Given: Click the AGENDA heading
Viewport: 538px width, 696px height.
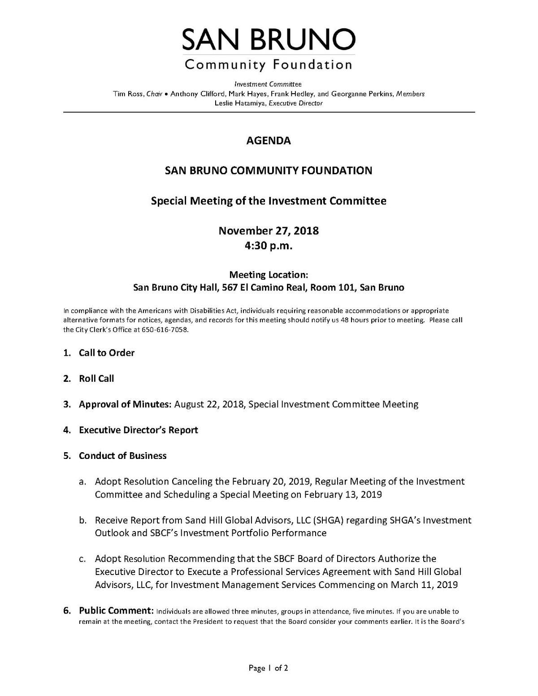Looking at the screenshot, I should pos(269,141).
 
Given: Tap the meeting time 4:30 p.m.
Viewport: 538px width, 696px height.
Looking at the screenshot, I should pos(269,246).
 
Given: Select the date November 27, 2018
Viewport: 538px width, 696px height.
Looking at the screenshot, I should pos(269,231).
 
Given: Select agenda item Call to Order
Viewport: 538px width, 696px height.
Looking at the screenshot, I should pos(107,353).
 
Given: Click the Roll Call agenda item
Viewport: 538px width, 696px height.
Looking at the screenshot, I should pos(96,379).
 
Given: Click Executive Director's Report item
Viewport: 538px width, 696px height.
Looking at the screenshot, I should pos(138,430).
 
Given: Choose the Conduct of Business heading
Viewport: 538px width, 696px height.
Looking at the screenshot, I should pos(122,456).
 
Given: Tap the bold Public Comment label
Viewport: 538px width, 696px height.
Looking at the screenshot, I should pos(116,610).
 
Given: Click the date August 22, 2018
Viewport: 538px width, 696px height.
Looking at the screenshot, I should pos(209,404).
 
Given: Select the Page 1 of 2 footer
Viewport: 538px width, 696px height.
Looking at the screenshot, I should pos(269,668).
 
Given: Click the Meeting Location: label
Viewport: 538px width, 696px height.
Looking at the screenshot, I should pos(269,274).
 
